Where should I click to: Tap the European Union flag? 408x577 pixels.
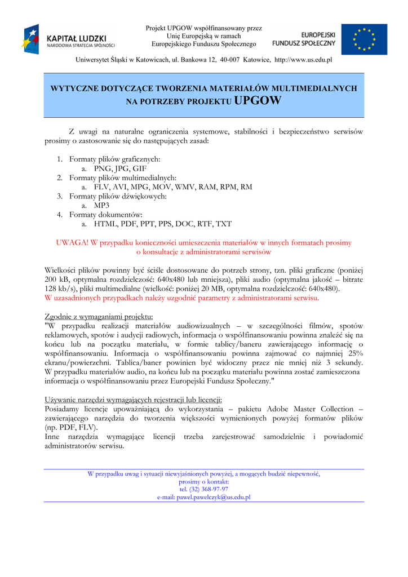tap(364, 39)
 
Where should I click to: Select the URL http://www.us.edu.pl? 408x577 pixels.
tap(303, 59)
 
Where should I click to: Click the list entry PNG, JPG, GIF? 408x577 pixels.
tap(120, 168)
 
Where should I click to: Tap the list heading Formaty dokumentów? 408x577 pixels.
tap(106, 215)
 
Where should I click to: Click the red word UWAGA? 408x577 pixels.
tap(72, 243)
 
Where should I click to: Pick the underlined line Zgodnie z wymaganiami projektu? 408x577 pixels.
tap(99, 316)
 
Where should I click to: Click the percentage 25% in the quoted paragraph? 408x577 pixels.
tap(356, 353)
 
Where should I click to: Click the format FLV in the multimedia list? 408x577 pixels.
tap(101, 187)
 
